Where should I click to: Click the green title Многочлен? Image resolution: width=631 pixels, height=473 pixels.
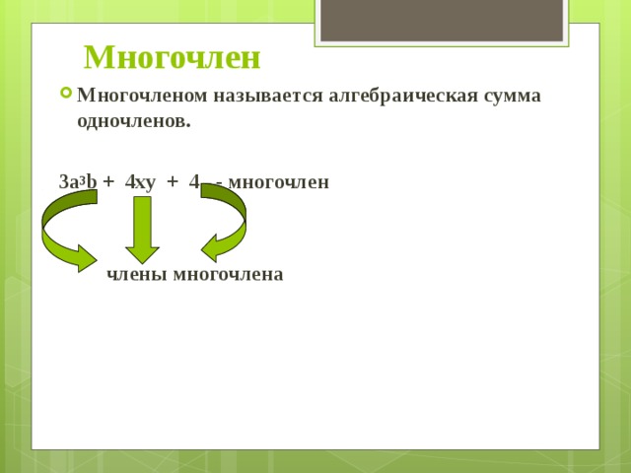coord(173,58)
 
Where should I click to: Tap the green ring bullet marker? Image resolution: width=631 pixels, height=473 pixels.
coord(66,94)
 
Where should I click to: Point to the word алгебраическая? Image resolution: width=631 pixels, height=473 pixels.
coord(403,97)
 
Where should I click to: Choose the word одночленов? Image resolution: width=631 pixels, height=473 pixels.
coord(134,121)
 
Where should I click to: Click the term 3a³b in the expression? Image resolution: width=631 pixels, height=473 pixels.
coord(78,181)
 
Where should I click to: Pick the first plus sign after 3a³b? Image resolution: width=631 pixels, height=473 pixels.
coord(108,182)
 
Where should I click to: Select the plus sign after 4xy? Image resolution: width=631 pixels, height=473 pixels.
coord(173,182)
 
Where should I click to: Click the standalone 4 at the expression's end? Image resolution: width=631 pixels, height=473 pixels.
coord(194,182)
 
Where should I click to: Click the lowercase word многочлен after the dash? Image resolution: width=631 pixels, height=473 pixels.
coord(278,182)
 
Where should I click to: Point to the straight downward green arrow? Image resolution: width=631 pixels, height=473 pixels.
coord(142,230)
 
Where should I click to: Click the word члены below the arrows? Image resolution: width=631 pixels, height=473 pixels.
coord(137,275)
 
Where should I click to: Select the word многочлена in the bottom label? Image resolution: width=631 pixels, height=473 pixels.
coord(228,275)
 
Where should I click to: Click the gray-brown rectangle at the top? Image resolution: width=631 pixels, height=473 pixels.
coord(442,20)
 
